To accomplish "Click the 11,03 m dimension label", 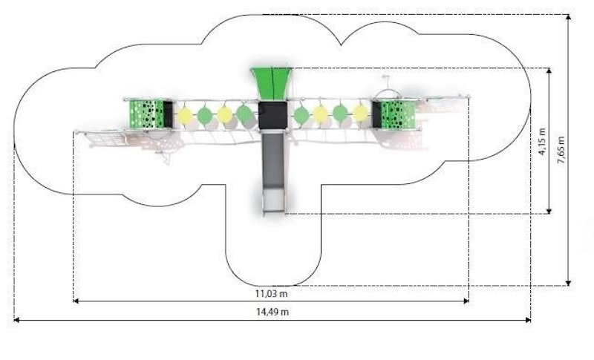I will coord(272,293).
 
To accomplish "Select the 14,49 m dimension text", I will coord(272,312).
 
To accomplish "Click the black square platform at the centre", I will coord(272,115).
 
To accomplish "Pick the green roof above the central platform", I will coord(272,82).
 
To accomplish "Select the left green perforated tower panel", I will coord(145,114).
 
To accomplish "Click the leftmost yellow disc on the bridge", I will coord(185,115).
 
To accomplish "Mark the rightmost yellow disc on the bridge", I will coord(360,114).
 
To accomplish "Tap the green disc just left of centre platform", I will coord(244,114).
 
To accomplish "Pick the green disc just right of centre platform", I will coord(301,115).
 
